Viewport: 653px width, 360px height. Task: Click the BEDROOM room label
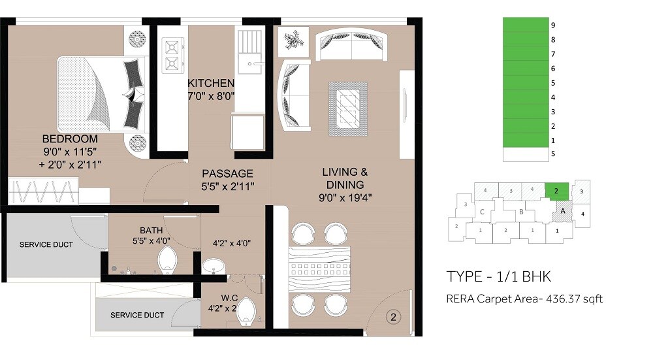pyautogui.click(x=70, y=139)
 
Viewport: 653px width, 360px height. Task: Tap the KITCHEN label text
pyautogui.click(x=210, y=84)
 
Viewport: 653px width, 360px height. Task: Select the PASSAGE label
pyautogui.click(x=227, y=174)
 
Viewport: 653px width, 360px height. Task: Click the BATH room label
pyautogui.click(x=151, y=231)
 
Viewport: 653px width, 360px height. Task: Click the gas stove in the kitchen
pyautogui.click(x=172, y=54)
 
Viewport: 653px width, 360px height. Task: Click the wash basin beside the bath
pyautogui.click(x=212, y=267)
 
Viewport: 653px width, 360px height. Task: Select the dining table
pyautogui.click(x=320, y=269)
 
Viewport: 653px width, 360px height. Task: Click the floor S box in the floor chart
pyautogui.click(x=525, y=155)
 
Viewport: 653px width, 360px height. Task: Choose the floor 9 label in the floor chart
pyautogui.click(x=552, y=25)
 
